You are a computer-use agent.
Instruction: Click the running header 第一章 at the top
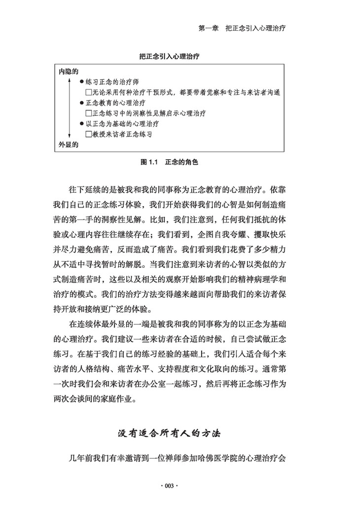208,29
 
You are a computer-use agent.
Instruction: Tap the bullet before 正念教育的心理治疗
82,103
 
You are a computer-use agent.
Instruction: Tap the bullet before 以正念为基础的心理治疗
82,123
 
